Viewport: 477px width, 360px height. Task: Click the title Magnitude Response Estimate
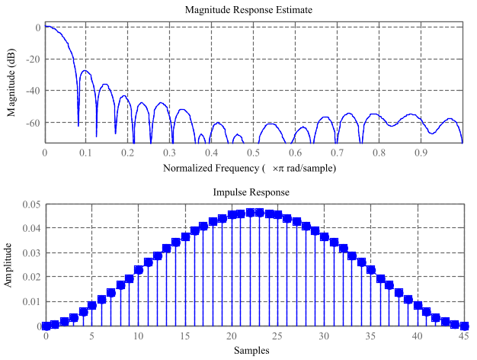[x=254, y=9]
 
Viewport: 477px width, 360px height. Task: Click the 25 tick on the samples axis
[x=278, y=336]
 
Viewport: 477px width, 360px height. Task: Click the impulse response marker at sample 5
[x=92, y=306]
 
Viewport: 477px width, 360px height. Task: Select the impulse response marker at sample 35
[x=371, y=270]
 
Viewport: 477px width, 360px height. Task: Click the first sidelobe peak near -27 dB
[x=85, y=71]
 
